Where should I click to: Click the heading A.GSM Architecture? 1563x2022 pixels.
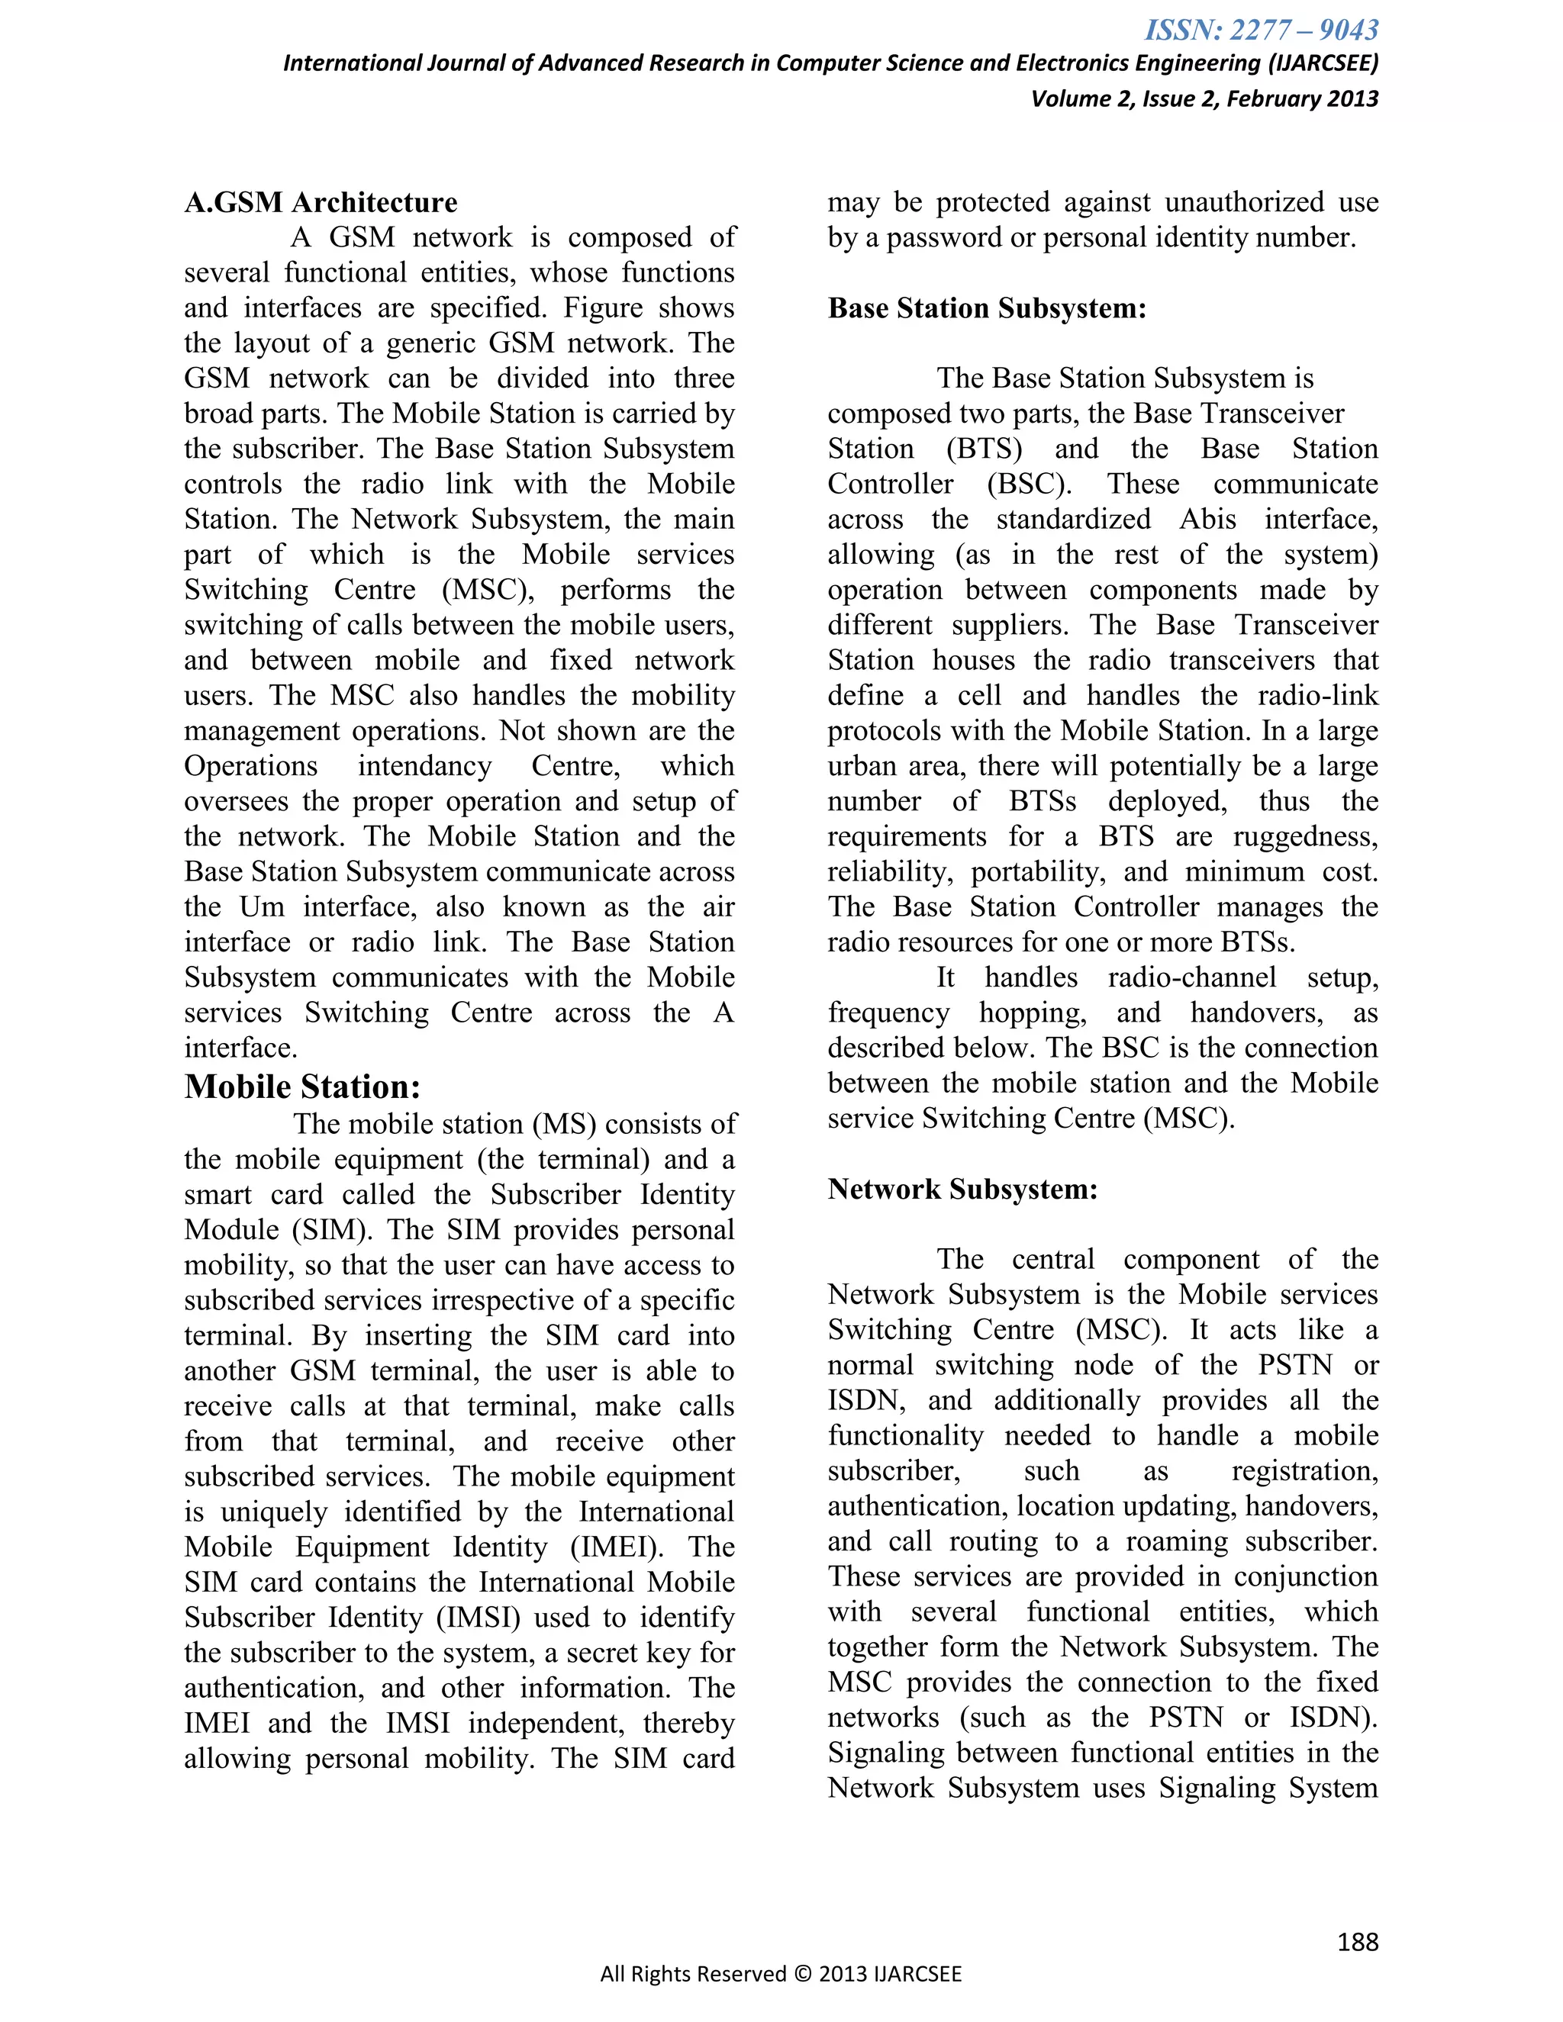coord(321,202)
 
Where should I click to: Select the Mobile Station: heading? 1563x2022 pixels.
coord(303,1086)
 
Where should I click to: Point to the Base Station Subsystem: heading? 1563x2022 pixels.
coord(987,308)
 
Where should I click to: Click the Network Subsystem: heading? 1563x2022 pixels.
coord(962,1189)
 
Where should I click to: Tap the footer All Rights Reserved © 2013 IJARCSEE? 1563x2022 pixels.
coord(781,1974)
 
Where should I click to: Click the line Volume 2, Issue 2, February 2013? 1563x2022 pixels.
coord(1204,98)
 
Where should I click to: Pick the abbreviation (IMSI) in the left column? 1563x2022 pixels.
coord(479,1618)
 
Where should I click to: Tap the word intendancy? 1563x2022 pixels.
coord(424,767)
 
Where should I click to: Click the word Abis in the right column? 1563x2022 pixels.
coord(1207,520)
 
